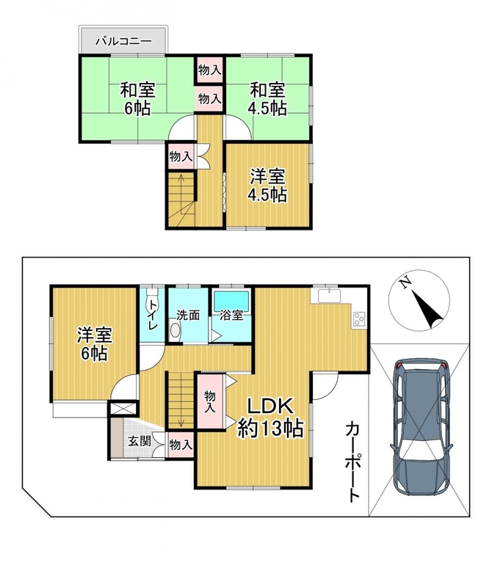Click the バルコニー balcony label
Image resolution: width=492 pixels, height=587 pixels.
(x=123, y=40)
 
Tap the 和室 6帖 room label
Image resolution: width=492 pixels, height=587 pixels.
(x=137, y=99)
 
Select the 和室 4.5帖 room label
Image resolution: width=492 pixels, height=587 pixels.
(x=267, y=99)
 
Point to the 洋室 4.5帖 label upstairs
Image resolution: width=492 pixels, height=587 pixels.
(x=268, y=186)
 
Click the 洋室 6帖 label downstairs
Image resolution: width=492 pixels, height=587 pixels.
(x=95, y=343)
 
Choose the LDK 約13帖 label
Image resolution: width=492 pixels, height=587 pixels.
(x=270, y=418)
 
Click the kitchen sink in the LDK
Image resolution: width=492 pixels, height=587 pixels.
(x=330, y=296)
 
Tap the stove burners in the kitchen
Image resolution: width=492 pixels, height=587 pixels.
(x=358, y=318)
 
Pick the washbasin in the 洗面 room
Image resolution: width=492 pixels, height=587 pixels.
(x=175, y=331)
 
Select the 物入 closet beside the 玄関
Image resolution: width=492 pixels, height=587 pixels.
(x=181, y=445)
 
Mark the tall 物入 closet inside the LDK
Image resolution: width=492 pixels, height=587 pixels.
(x=210, y=401)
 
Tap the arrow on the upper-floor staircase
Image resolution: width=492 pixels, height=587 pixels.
(x=181, y=194)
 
